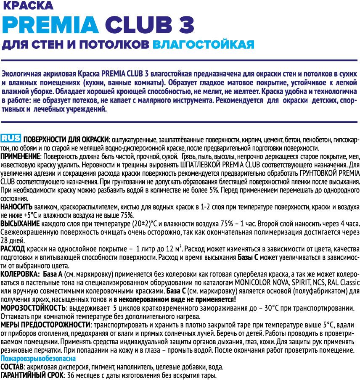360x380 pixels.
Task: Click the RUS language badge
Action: (x=11, y=139)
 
